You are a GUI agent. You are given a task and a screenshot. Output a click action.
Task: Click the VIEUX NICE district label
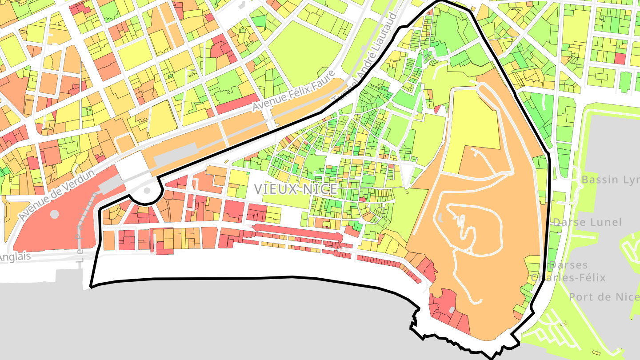click(x=296, y=189)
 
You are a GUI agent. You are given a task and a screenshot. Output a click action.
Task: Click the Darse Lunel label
click(x=587, y=222)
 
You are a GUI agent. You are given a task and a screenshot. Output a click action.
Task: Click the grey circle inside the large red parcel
click(x=54, y=214)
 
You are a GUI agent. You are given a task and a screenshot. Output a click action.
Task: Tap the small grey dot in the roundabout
click(x=146, y=191)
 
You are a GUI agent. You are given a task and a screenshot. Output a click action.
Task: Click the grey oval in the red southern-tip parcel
click(x=452, y=310)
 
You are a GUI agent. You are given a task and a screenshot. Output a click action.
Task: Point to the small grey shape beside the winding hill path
click(x=440, y=218)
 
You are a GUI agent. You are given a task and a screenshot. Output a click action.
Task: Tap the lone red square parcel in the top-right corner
click(x=620, y=58)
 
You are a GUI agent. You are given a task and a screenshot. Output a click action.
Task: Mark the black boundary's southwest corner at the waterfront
click(x=91, y=286)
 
